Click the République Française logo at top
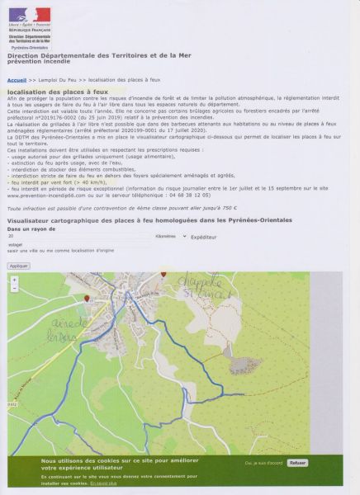point(30,19)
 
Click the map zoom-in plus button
point(14,280)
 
